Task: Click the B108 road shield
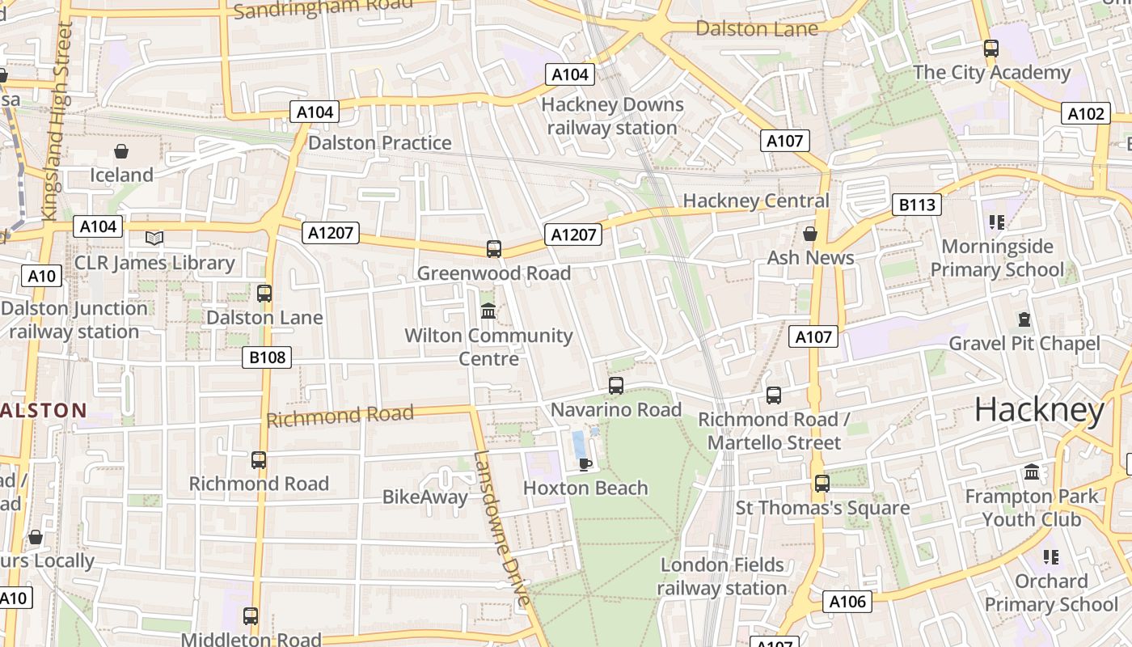point(267,357)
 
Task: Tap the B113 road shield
point(917,205)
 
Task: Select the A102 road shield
point(1085,114)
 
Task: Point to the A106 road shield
point(847,601)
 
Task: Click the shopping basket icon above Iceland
point(121,151)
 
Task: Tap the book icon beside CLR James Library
point(154,238)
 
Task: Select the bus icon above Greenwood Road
point(493,249)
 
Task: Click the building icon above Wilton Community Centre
point(488,311)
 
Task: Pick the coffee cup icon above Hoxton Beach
point(585,463)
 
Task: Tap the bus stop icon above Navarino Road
point(616,385)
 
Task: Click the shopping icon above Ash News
point(809,234)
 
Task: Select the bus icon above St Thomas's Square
point(822,484)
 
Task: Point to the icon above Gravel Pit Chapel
point(1024,319)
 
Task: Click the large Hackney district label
point(1039,411)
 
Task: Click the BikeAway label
point(424,497)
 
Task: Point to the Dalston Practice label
point(380,143)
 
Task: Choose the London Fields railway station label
point(721,576)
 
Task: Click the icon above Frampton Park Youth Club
point(1032,472)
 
